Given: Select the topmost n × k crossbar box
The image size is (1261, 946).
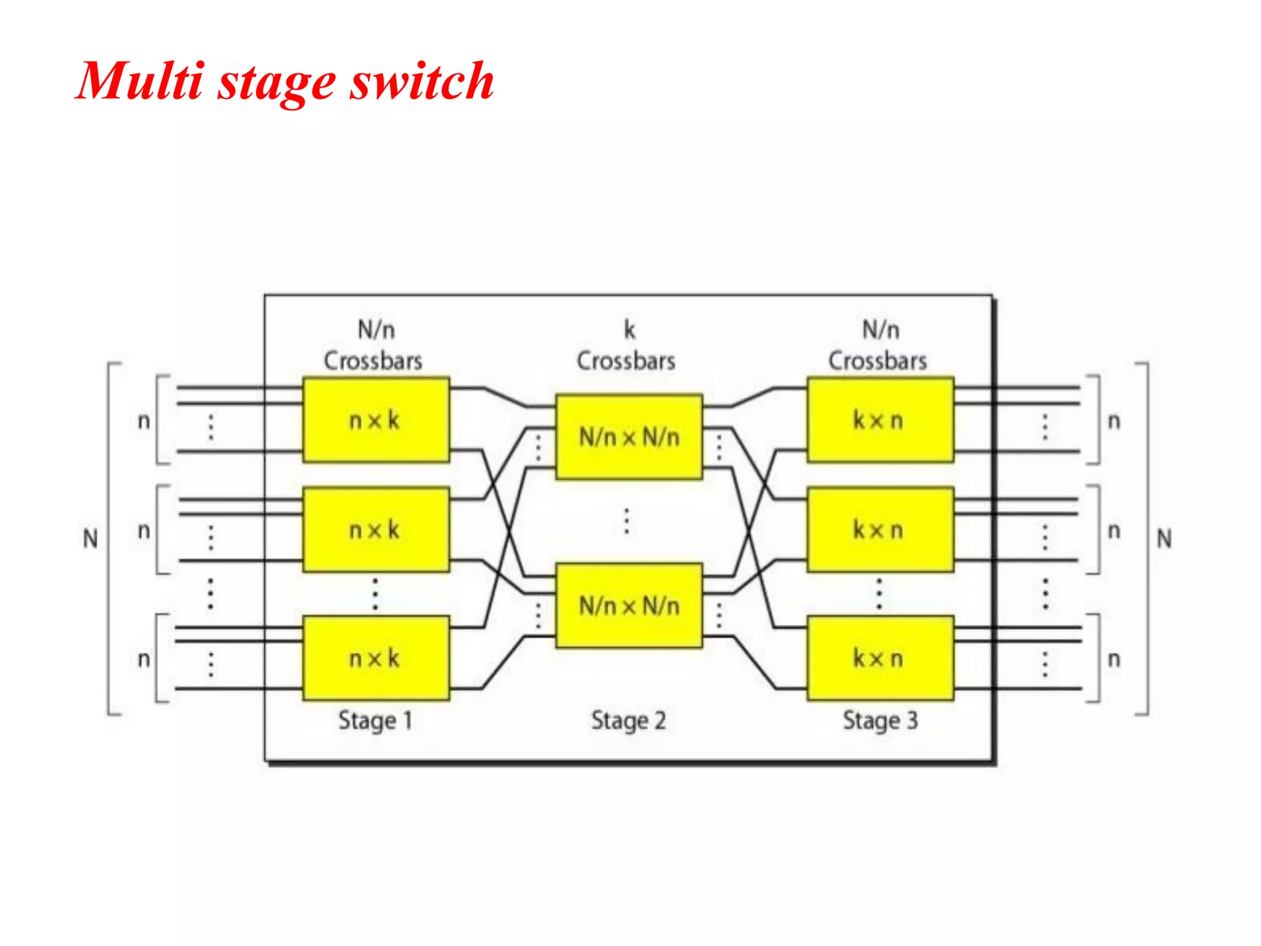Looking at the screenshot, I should (x=376, y=420).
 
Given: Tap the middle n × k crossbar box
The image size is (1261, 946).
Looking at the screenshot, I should (x=376, y=530).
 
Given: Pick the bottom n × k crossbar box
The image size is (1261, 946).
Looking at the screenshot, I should (x=376, y=658).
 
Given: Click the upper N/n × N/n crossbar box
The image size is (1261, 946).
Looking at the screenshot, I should (x=629, y=437).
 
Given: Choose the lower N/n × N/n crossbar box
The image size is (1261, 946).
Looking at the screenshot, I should (x=629, y=606).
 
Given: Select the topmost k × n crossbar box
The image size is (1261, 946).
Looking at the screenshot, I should (x=880, y=420).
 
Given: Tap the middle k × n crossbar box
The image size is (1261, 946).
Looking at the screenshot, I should (x=880, y=530).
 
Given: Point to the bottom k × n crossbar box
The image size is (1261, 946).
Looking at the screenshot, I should (x=880, y=658).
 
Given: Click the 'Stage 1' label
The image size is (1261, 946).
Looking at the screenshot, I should (x=375, y=721).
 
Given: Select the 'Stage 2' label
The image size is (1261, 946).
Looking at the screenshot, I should (x=628, y=721).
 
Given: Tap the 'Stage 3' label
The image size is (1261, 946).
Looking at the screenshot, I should (x=880, y=721).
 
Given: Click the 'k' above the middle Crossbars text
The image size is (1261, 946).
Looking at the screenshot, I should (x=629, y=330).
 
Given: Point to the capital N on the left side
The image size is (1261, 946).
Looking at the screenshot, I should (x=91, y=539).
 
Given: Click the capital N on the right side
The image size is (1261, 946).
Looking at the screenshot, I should (x=1164, y=539).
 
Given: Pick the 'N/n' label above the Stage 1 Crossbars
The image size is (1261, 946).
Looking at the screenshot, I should (x=376, y=330).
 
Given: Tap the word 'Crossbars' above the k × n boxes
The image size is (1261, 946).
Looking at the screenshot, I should (x=877, y=361).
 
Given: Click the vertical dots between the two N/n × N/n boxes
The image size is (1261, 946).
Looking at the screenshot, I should (x=627, y=521).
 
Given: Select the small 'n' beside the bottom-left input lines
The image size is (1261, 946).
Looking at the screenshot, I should (x=143, y=659).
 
